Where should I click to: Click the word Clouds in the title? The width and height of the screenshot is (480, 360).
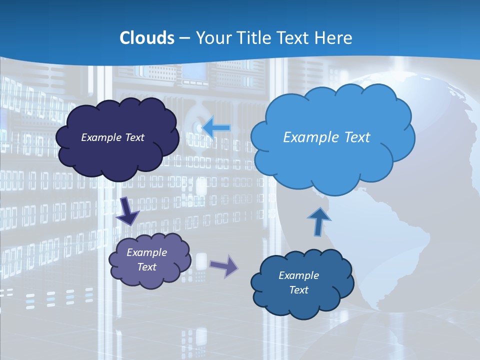[147, 38]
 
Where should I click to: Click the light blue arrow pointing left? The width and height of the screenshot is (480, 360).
[216, 128]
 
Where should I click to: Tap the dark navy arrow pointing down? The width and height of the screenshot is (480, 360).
[127, 210]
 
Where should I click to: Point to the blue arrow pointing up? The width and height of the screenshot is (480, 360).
[319, 221]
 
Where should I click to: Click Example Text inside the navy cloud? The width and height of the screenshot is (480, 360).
[112, 137]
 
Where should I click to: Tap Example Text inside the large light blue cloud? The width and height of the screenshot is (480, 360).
[326, 137]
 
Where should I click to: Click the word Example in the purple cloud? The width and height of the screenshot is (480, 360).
[146, 252]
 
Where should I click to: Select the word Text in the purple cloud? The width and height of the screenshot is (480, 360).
[146, 267]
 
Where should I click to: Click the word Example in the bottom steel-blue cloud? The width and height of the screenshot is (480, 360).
[298, 275]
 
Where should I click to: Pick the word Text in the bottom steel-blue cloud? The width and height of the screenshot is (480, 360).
[298, 290]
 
